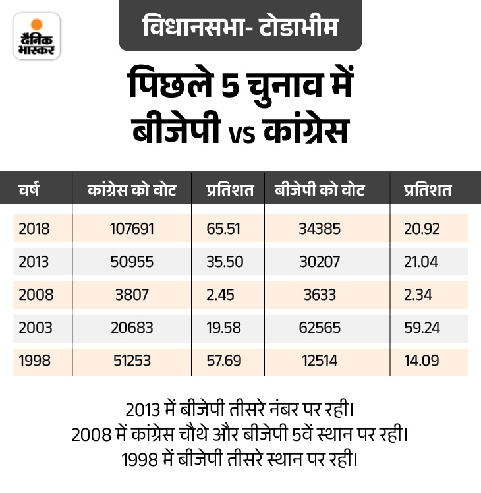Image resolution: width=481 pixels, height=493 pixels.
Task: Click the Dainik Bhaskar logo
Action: pyautogui.click(x=36, y=36)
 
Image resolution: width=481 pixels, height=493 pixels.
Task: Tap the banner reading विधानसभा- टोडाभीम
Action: pyautogui.click(x=240, y=26)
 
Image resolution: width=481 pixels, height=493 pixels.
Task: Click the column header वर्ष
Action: pyautogui.click(x=30, y=190)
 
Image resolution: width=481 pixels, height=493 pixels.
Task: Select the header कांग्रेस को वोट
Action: pyautogui.click(x=132, y=190)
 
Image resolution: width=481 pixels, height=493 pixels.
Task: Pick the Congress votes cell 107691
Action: pyautogui.click(x=132, y=228)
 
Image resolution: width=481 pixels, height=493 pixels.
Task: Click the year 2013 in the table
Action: pyautogui.click(x=34, y=262)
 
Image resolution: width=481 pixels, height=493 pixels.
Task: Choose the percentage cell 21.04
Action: pyautogui.click(x=421, y=262)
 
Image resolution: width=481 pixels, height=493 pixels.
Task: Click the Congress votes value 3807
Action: pyautogui.click(x=132, y=295)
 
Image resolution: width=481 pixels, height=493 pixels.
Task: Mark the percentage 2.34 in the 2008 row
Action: pyautogui.click(x=418, y=295)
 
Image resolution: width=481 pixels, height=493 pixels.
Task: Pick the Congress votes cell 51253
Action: pyautogui.click(x=132, y=361)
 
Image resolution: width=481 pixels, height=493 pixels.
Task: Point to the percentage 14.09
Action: pyautogui.click(x=421, y=361)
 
